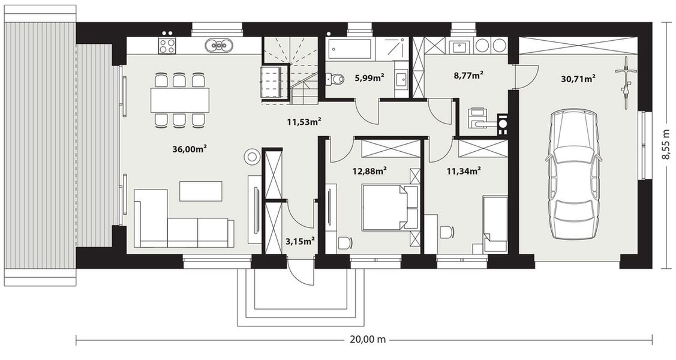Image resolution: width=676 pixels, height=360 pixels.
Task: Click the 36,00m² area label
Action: (x=190, y=149)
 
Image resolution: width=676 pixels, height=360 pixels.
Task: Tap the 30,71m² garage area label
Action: (x=579, y=79)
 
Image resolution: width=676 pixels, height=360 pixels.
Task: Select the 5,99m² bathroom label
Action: (x=369, y=77)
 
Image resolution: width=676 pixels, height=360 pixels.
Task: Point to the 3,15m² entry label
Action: (x=299, y=241)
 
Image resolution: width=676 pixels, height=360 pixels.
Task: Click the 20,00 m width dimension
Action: (x=368, y=339)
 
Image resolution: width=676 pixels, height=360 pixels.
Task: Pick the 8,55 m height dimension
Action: (x=666, y=143)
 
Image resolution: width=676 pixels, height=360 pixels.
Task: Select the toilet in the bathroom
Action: (x=335, y=79)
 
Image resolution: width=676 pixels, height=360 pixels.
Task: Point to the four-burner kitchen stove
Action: (x=167, y=46)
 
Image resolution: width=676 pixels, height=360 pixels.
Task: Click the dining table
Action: (x=180, y=100)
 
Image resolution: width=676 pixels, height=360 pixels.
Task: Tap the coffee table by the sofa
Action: (x=201, y=191)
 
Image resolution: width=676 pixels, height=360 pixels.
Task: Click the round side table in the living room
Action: (x=252, y=157)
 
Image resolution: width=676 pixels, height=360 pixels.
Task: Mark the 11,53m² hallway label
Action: (x=304, y=122)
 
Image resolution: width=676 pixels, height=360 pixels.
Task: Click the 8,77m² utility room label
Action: (x=468, y=76)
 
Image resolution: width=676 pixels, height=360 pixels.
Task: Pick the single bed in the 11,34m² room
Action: (x=495, y=224)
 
